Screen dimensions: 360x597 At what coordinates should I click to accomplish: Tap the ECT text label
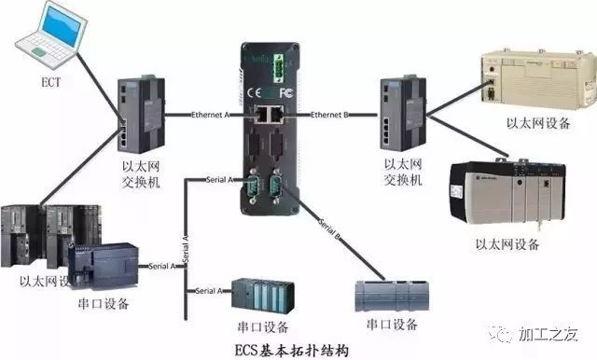click(x=51, y=80)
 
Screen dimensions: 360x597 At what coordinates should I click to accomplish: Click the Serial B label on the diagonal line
click(x=329, y=230)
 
